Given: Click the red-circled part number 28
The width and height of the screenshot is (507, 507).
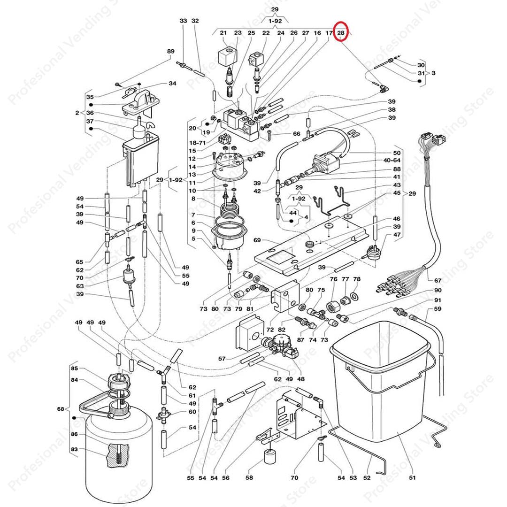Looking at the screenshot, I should point(341,33).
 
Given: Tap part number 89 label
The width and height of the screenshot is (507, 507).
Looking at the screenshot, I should point(170,52).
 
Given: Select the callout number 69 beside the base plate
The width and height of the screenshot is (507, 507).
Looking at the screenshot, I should point(257,240).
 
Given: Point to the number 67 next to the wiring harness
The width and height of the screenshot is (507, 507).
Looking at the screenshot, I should point(438,281).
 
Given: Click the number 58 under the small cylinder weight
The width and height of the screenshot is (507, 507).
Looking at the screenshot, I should point(249,478).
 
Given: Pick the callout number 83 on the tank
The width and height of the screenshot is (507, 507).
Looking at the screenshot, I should point(74,450).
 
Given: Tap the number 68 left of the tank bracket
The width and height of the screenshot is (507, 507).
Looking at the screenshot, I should point(61,409).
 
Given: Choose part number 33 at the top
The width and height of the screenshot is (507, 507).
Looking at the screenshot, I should point(183,21).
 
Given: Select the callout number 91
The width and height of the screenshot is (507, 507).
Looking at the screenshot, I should point(438,300).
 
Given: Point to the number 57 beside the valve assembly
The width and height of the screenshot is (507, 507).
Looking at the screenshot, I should point(222,359).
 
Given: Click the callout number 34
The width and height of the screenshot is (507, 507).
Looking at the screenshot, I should point(172,84).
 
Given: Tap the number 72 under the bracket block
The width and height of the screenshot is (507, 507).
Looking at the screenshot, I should point(270,331).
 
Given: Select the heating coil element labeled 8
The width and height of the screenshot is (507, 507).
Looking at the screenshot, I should point(231,207).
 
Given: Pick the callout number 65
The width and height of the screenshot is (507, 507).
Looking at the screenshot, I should point(80,262).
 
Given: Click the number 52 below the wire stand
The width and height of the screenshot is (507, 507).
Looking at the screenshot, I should point(367,478).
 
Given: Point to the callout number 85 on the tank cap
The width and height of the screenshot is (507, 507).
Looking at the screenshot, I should point(74,369).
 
